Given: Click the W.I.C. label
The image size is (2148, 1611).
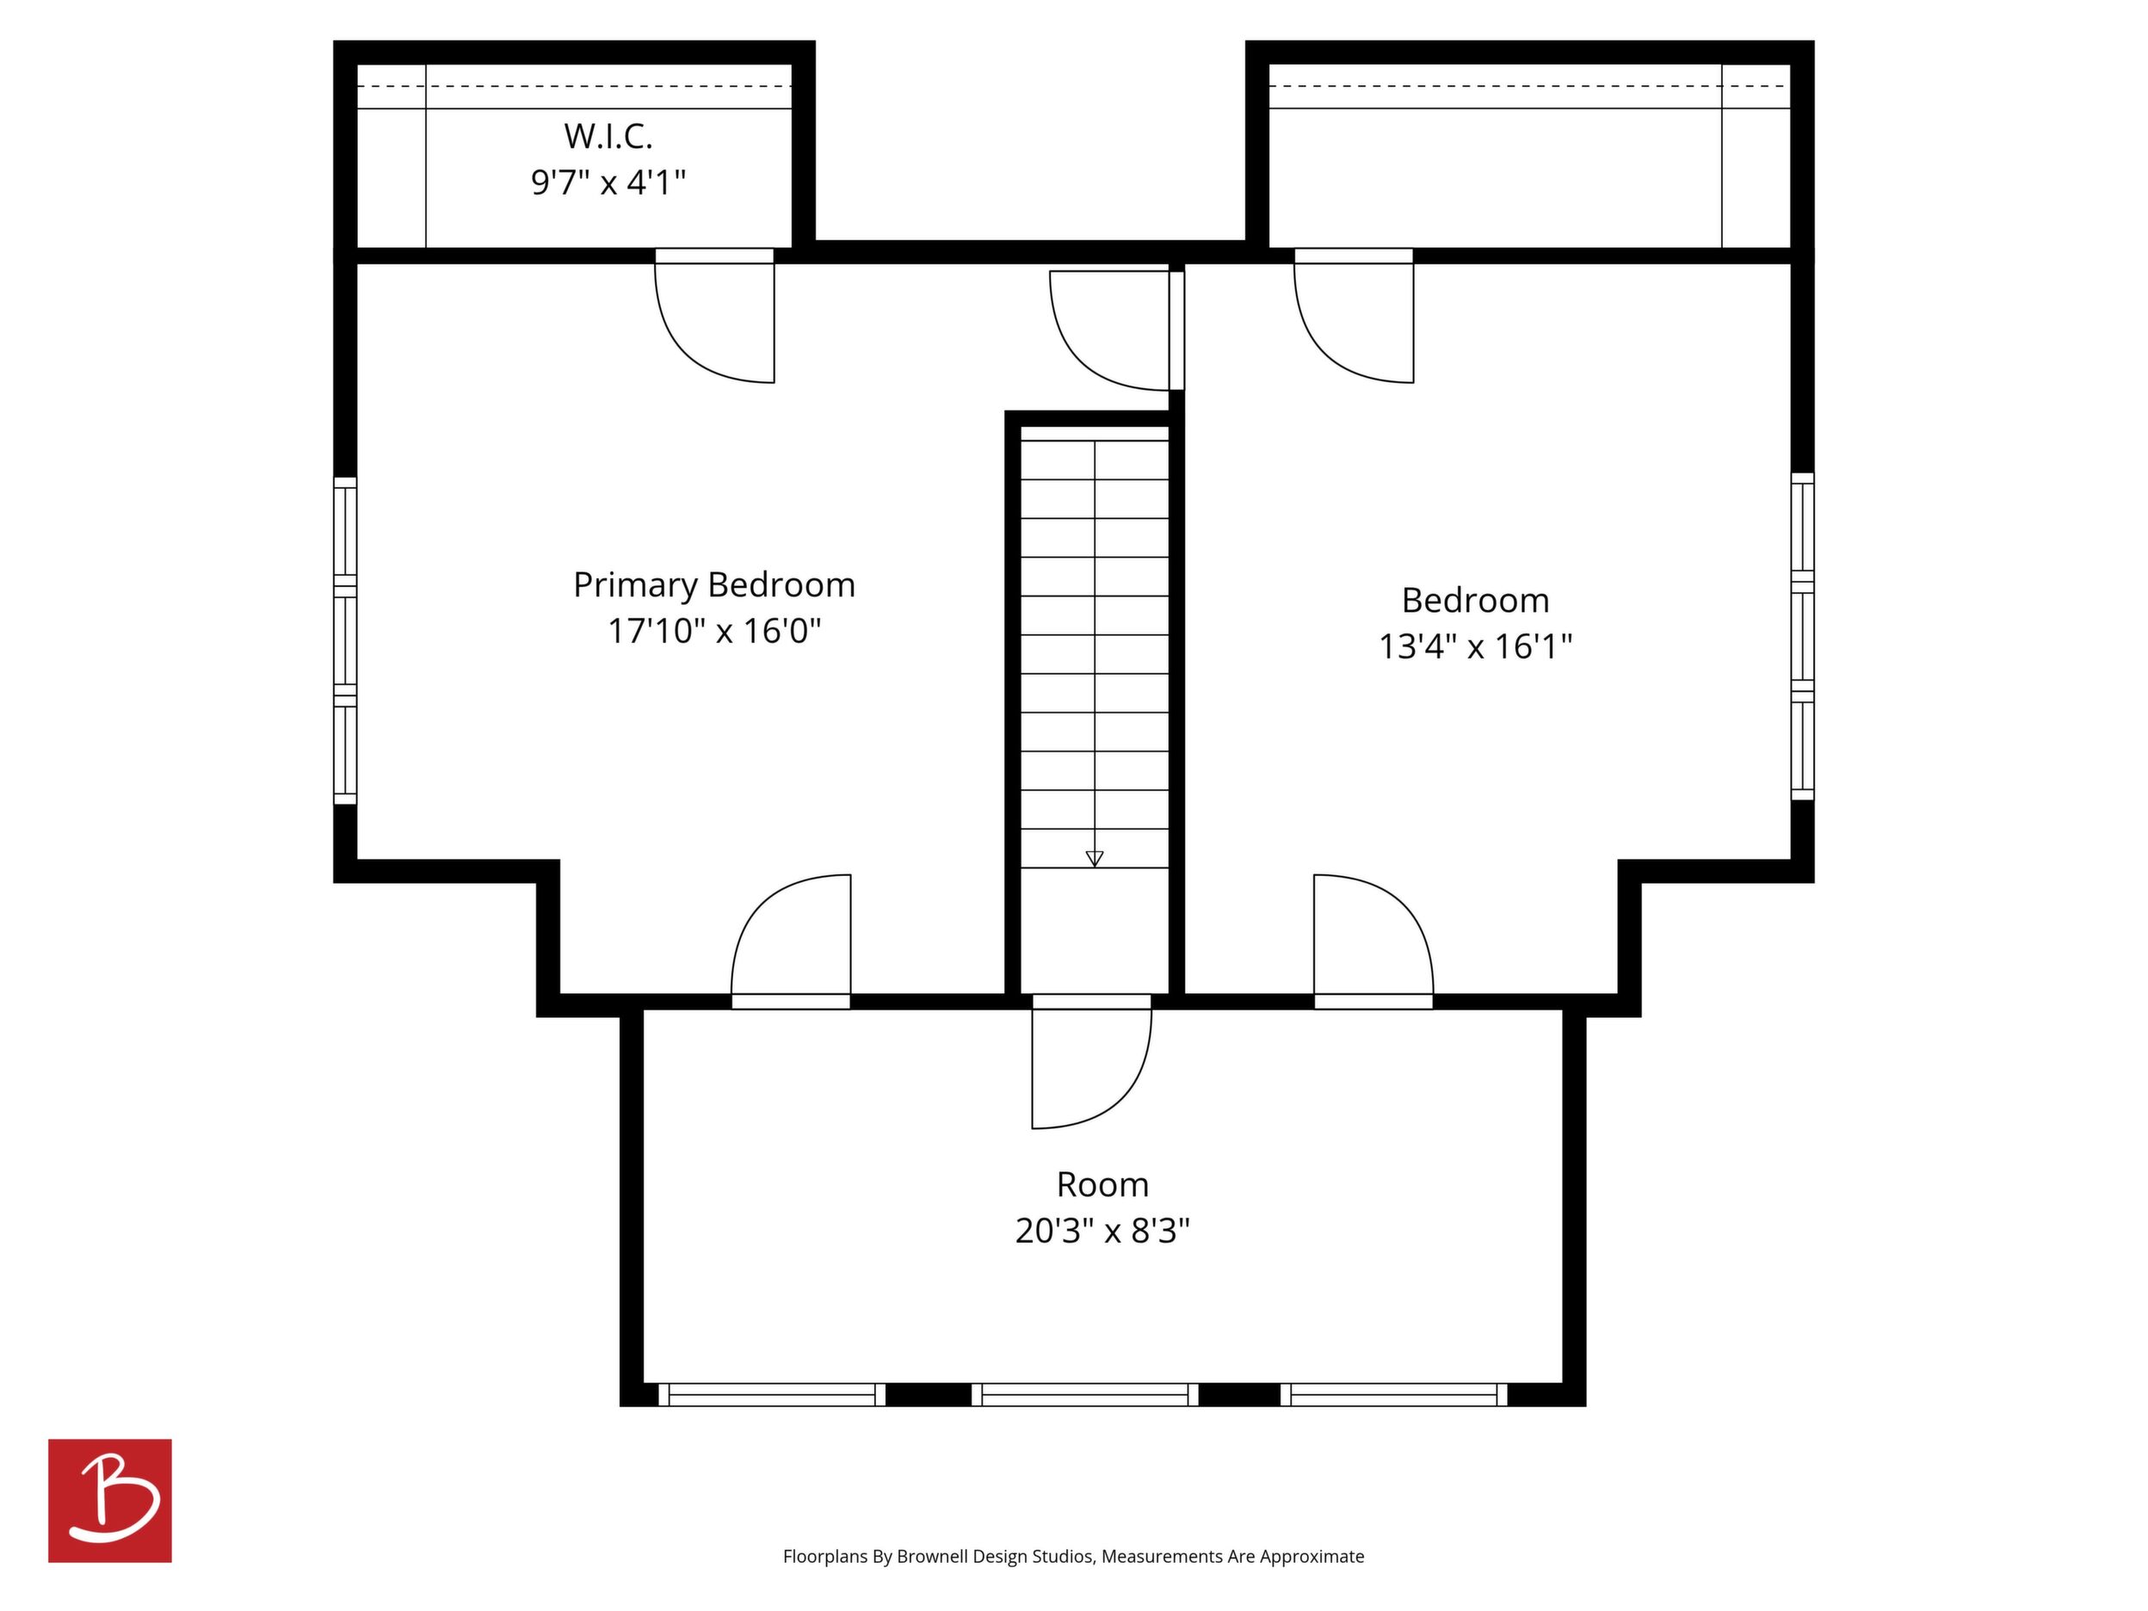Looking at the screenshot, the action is pos(608,137).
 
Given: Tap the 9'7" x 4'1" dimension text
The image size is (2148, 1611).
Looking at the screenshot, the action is pos(608,182).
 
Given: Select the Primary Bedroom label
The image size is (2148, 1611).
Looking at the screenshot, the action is pos(713,584).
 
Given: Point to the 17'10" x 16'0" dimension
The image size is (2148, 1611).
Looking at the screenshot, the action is pos(713,631).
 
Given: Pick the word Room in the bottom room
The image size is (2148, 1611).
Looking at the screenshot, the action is pos(1102,1185).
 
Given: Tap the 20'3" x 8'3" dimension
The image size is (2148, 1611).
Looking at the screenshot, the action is pos(1102,1231).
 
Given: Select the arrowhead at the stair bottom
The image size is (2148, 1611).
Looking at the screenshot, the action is pos(1095,858).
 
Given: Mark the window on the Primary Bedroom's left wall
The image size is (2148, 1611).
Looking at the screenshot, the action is pos(345,641).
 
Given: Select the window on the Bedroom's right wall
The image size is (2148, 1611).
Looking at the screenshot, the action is pos(1802,636).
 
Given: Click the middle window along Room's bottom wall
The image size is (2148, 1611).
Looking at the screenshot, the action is pos(1084,1394).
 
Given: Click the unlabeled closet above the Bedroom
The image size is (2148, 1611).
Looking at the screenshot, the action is pos(1529,156).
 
